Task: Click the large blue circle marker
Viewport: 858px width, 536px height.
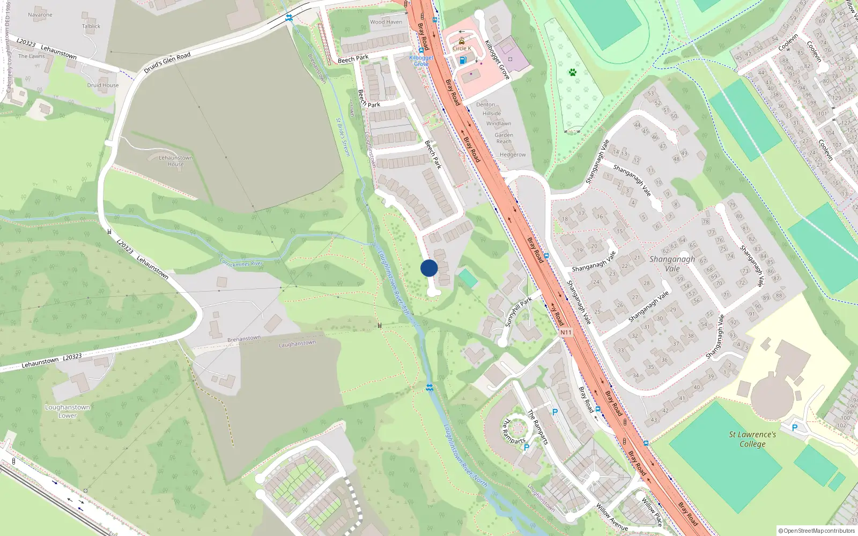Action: (429, 268)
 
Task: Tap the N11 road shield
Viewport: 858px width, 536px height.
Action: (566, 332)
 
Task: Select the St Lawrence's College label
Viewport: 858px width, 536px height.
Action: (752, 439)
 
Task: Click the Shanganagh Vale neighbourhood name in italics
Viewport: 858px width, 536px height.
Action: (672, 264)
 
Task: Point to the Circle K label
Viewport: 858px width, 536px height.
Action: (462, 48)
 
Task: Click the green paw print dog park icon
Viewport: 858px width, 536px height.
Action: (573, 72)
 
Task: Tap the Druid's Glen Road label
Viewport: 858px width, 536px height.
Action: (167, 63)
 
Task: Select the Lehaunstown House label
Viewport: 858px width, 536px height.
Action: (175, 161)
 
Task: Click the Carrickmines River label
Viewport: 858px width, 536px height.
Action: (241, 263)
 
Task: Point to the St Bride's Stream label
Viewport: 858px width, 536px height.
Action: (343, 137)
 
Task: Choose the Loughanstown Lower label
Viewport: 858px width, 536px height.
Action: (68, 411)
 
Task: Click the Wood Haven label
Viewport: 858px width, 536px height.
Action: (386, 22)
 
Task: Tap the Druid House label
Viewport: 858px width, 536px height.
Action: (103, 85)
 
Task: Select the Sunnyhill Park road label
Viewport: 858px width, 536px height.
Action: (518, 311)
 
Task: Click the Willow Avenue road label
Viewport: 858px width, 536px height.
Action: (611, 517)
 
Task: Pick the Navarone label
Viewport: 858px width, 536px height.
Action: (40, 15)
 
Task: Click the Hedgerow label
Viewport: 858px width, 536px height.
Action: (513, 155)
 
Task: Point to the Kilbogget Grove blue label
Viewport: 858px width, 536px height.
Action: (421, 61)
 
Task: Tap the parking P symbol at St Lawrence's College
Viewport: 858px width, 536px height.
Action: (795, 428)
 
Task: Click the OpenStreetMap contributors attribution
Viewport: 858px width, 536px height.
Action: (817, 531)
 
